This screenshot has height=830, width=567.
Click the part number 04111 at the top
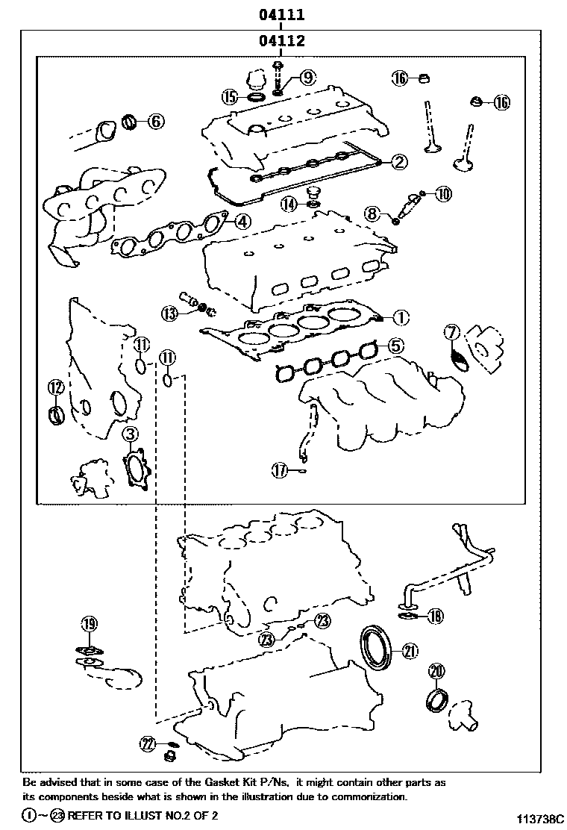tap(281, 14)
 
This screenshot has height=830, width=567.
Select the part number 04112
tap(281, 42)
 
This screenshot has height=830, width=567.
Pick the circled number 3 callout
tap(130, 435)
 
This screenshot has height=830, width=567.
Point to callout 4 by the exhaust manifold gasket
tap(241, 221)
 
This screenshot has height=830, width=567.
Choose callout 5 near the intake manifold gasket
tap(395, 346)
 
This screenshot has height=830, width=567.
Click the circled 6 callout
tap(154, 120)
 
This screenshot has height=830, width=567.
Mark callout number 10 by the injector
tap(443, 195)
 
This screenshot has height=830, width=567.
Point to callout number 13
tap(172, 313)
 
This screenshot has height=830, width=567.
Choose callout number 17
tap(279, 470)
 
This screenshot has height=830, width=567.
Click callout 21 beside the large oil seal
tap(409, 651)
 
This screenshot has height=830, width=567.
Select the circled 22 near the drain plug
tap(147, 743)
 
